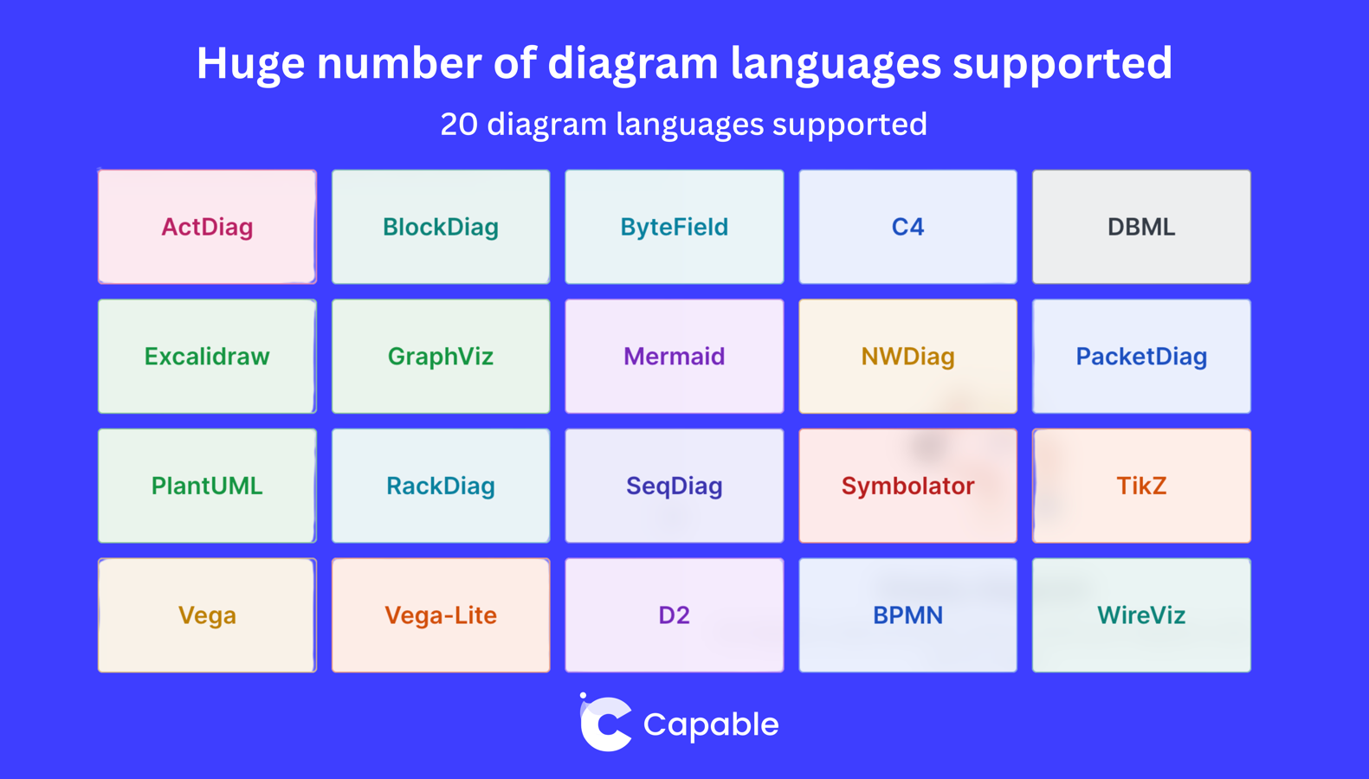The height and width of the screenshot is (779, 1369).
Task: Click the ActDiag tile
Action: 207,227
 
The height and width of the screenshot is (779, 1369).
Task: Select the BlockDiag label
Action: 441,228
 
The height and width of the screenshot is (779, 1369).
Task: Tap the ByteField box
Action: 675,227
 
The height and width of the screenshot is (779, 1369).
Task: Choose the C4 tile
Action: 907,227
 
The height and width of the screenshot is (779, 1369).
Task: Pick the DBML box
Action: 1141,227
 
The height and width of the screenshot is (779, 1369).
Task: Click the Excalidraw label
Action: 207,357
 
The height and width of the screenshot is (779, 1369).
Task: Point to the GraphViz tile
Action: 441,357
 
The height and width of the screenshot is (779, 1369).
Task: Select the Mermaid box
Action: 675,357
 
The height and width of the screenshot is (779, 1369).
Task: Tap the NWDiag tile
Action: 907,357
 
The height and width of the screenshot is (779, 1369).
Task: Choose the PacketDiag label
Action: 1141,357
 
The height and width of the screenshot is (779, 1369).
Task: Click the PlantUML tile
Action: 207,486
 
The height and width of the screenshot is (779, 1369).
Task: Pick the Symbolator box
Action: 907,486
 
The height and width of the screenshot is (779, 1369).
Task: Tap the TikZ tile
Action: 1141,486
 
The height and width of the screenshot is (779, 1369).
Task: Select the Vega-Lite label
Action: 441,615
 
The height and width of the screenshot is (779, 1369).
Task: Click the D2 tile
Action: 675,615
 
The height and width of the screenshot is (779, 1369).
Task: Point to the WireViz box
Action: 1141,615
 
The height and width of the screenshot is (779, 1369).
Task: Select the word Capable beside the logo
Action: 711,725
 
